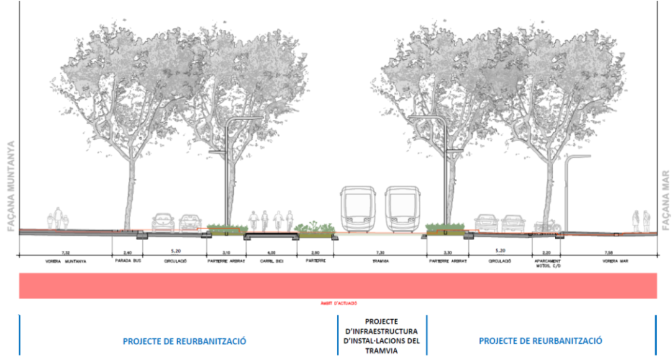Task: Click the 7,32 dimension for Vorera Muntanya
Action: [x=65, y=253]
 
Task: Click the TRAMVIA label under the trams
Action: [x=379, y=262]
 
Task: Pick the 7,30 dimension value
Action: [x=379, y=253]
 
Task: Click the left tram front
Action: [x=358, y=209]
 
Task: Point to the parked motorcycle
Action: [x=547, y=227]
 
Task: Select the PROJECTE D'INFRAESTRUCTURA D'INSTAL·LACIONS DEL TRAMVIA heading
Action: [x=381, y=336]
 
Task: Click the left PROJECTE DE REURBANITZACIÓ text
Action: [x=184, y=341]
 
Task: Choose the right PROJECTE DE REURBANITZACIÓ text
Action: [x=540, y=341]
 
